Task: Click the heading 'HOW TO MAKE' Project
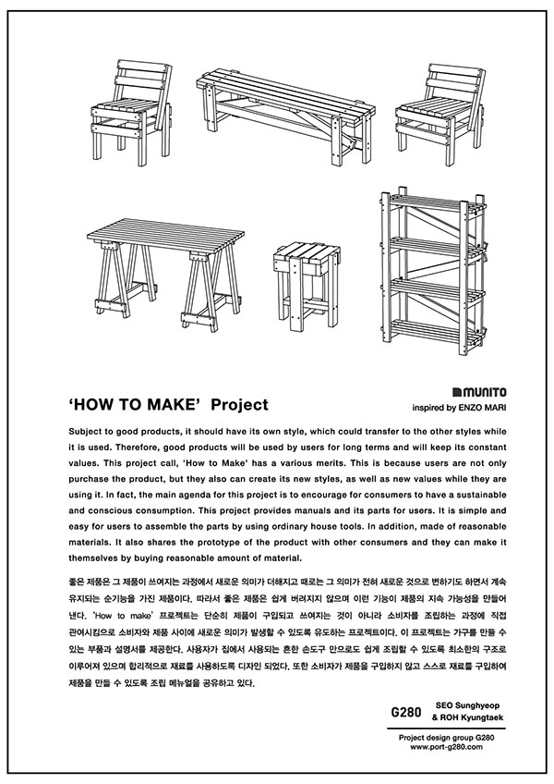click(168, 404)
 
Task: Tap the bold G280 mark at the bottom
click(406, 713)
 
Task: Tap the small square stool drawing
click(303, 282)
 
